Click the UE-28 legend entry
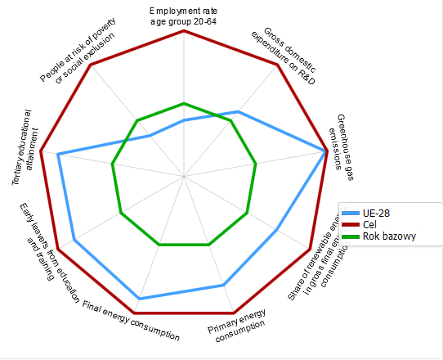[377, 213]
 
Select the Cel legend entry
[372, 224]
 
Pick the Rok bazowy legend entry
[388, 236]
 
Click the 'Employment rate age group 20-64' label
[183, 16]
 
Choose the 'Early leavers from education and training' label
[45, 236]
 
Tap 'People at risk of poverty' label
[78, 53]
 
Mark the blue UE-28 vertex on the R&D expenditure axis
[239, 111]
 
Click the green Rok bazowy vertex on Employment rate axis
[184, 103]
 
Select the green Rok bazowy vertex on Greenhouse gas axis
[256, 164]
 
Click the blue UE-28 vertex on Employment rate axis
[184, 120]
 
